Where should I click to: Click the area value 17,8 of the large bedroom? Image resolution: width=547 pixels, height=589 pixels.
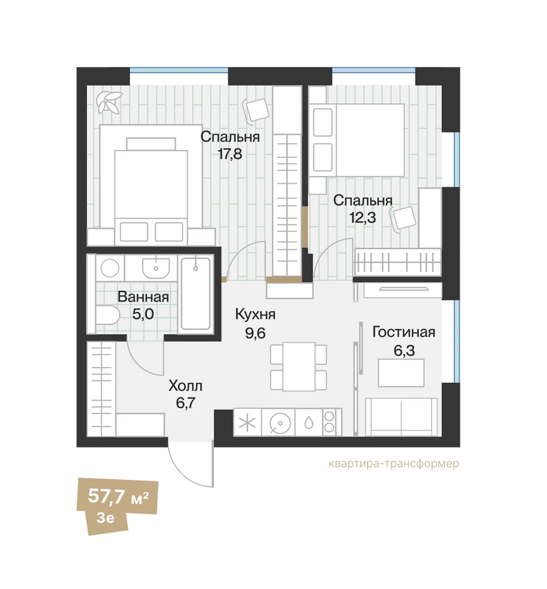coord(230,154)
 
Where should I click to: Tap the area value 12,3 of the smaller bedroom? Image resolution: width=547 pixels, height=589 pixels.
coord(363,217)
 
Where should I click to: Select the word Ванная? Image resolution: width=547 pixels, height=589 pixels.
coord(143,297)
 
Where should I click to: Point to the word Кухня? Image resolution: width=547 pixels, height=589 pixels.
coord(255,314)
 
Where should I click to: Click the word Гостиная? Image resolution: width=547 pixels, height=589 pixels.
coord(404,332)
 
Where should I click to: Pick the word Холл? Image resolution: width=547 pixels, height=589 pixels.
coord(186,385)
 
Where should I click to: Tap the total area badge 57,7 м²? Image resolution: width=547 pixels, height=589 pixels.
coord(118,497)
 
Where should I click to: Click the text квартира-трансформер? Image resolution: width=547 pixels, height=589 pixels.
coord(394,464)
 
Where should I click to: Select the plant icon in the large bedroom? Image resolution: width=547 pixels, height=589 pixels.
coord(108,102)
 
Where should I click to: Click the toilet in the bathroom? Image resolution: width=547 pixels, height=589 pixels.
coord(107,315)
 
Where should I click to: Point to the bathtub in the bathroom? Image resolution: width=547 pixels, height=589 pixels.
coord(196,294)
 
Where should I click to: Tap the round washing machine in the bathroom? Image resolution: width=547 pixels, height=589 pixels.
coord(110,269)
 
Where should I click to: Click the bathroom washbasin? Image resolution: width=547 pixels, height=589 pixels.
coord(155,267)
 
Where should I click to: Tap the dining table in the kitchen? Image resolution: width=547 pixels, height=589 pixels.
coord(299,366)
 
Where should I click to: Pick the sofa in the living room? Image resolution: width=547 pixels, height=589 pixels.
coord(401,416)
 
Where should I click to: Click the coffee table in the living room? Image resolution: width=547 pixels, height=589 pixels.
coord(401,373)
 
